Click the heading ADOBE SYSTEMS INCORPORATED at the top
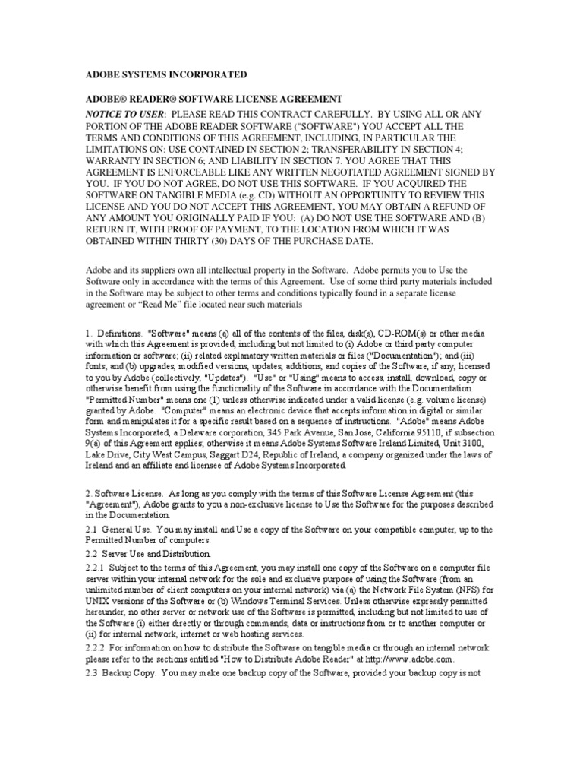(x=165, y=74)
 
